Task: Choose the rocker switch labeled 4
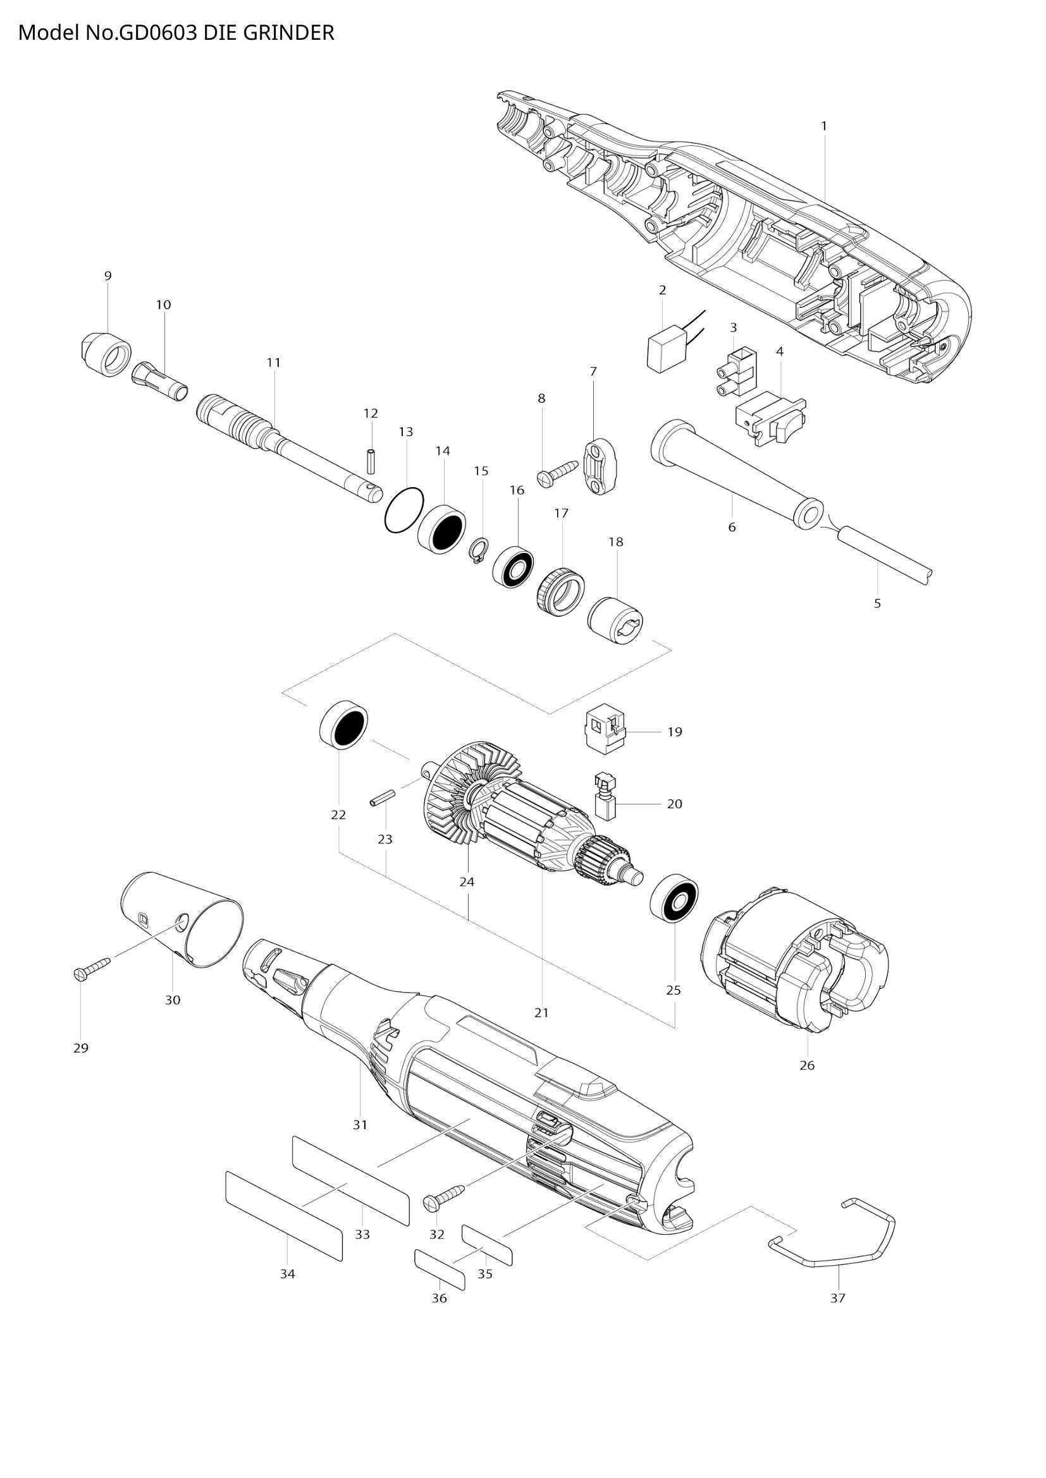(770, 420)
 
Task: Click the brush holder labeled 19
(605, 730)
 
